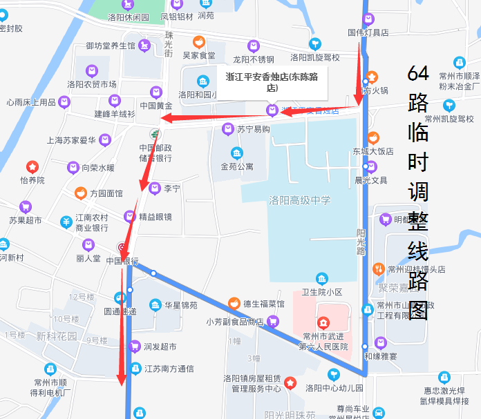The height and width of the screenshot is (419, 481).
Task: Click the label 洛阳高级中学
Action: pyautogui.click(x=300, y=200)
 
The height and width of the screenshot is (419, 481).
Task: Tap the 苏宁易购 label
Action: pyautogui.click(x=253, y=129)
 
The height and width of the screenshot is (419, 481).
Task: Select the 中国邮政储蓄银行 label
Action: pyautogui.click(x=155, y=153)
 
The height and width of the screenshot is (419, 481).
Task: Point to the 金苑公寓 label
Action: pyautogui.click(x=237, y=166)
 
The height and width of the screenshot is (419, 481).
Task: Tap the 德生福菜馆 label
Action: pyautogui.click(x=263, y=303)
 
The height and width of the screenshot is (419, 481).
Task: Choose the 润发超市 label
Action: pyautogui.click(x=160, y=347)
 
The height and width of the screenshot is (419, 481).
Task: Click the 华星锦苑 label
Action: pyautogui.click(x=180, y=304)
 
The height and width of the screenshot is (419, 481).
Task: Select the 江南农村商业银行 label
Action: pyautogui.click(x=92, y=223)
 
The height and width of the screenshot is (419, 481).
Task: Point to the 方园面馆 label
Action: pyautogui.click(x=106, y=194)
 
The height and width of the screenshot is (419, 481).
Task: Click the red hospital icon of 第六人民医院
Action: pyautogui.click(x=323, y=322)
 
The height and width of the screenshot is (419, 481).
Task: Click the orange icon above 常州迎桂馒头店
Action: pyautogui.click(x=378, y=268)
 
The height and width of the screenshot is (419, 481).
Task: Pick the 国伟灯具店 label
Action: pyautogui.click(x=368, y=32)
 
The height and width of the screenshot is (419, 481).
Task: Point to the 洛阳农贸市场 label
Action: pyautogui.click(x=91, y=84)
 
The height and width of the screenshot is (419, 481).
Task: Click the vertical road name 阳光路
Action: pyautogui.click(x=361, y=242)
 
